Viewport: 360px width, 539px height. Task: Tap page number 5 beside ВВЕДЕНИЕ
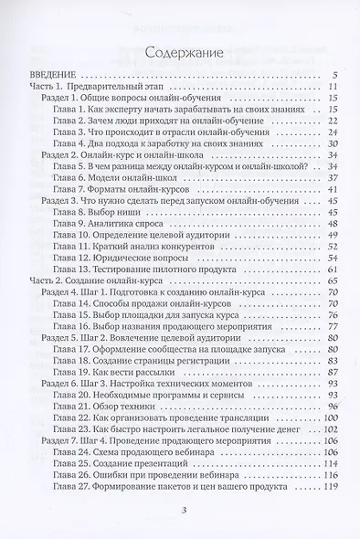(x=337, y=74)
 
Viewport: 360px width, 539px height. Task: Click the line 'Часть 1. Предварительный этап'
(x=90, y=85)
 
